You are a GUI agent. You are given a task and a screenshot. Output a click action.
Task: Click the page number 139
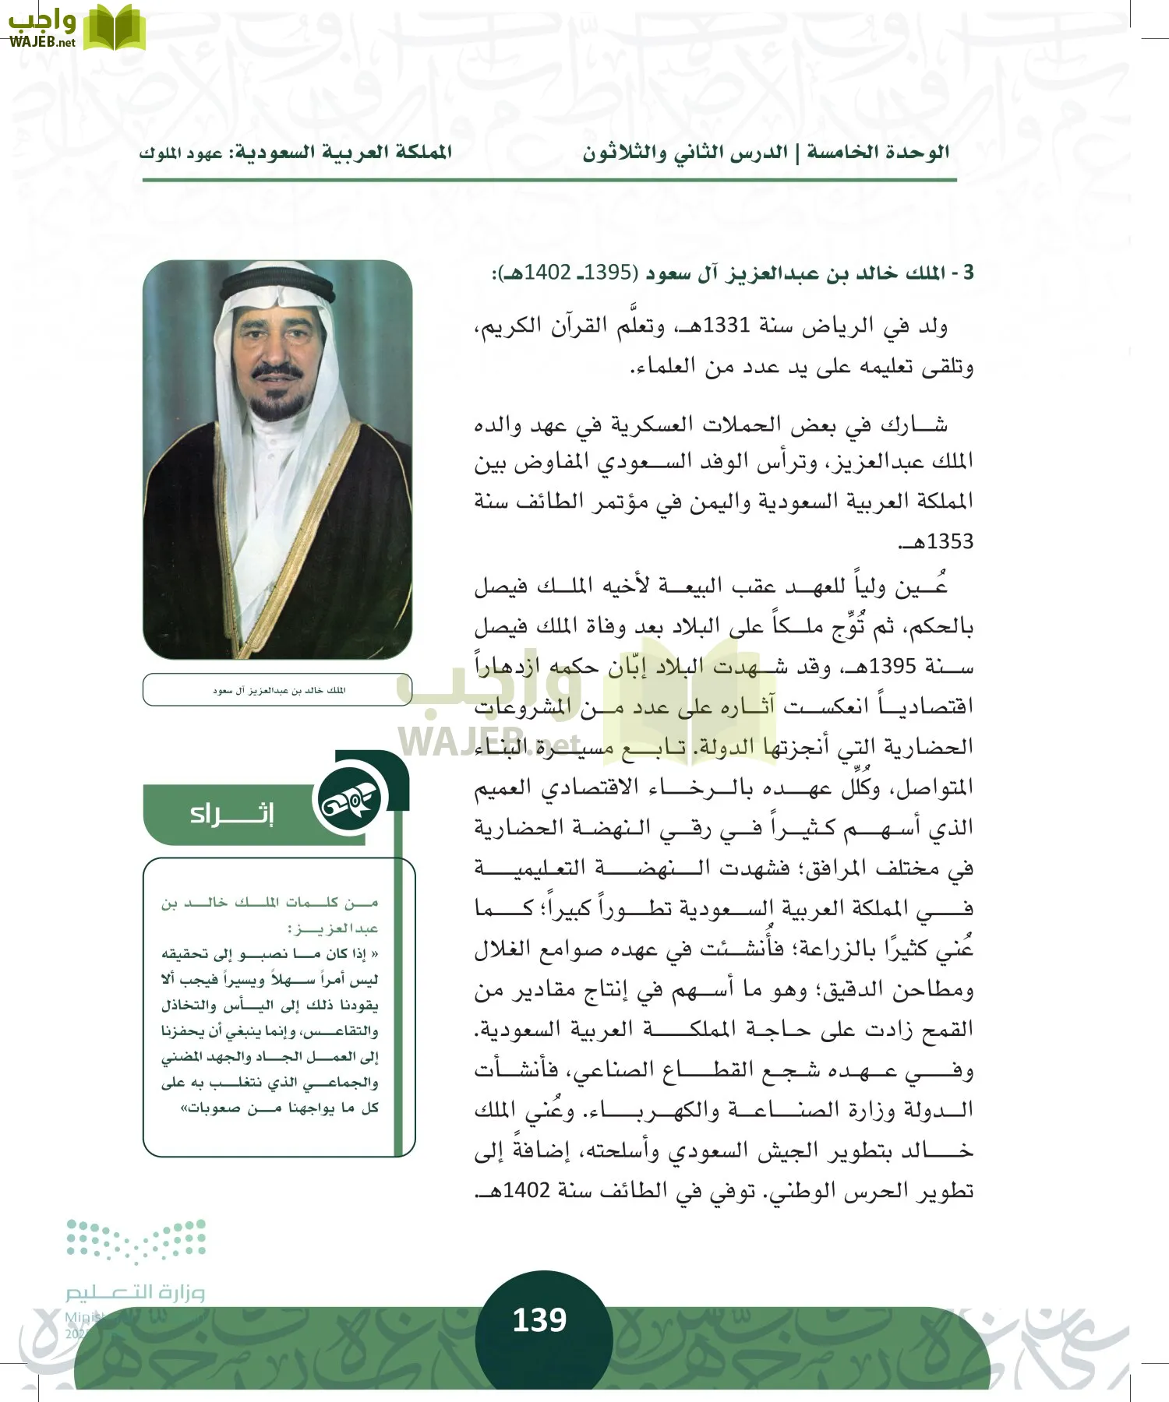pos(539,1319)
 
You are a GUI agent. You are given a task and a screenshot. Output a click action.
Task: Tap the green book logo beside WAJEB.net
pos(114,28)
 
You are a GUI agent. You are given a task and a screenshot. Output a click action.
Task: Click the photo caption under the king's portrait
pos(278,690)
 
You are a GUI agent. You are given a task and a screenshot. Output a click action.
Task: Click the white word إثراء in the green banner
pos(231,815)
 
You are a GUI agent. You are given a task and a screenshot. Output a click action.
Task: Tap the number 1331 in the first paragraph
pos(726,326)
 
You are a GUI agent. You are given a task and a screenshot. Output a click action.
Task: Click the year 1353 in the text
pos(950,541)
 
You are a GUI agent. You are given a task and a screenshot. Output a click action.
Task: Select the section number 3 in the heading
pos(968,273)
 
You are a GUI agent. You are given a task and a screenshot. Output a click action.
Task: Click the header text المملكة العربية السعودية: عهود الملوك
pos(295,152)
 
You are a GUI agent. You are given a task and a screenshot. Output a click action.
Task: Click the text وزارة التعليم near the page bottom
pos(135,1292)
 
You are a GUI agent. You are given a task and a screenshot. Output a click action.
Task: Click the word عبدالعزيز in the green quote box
pos(335,928)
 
